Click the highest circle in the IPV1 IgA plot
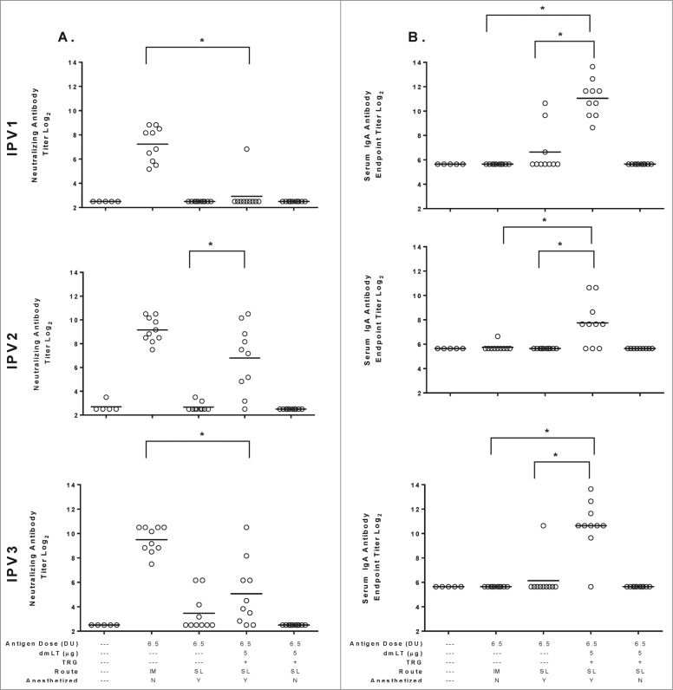[x=593, y=67]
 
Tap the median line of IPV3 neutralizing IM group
[x=152, y=539]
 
